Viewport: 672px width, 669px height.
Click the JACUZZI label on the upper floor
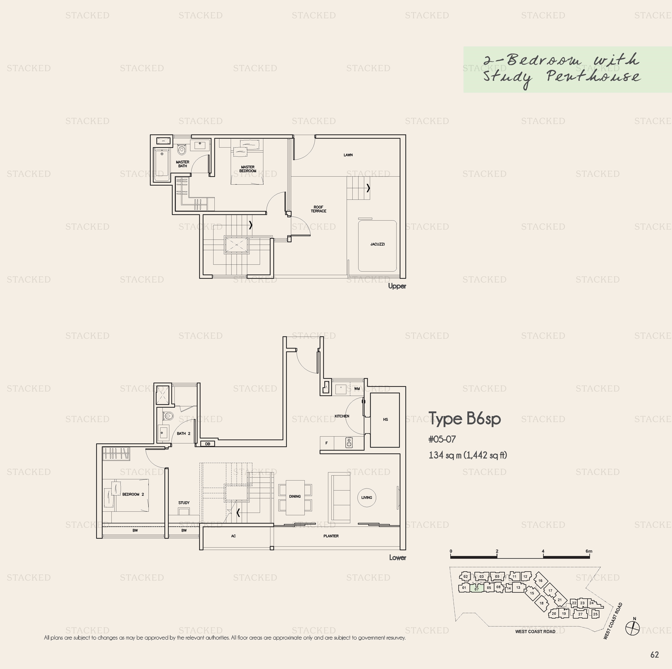pos(377,244)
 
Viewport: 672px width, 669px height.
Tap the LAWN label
pos(348,155)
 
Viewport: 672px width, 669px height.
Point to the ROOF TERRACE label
pos(318,209)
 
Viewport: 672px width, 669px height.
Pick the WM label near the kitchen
pos(357,389)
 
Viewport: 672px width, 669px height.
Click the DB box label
pos(208,444)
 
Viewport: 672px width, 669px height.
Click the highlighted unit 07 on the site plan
pos(477,589)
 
